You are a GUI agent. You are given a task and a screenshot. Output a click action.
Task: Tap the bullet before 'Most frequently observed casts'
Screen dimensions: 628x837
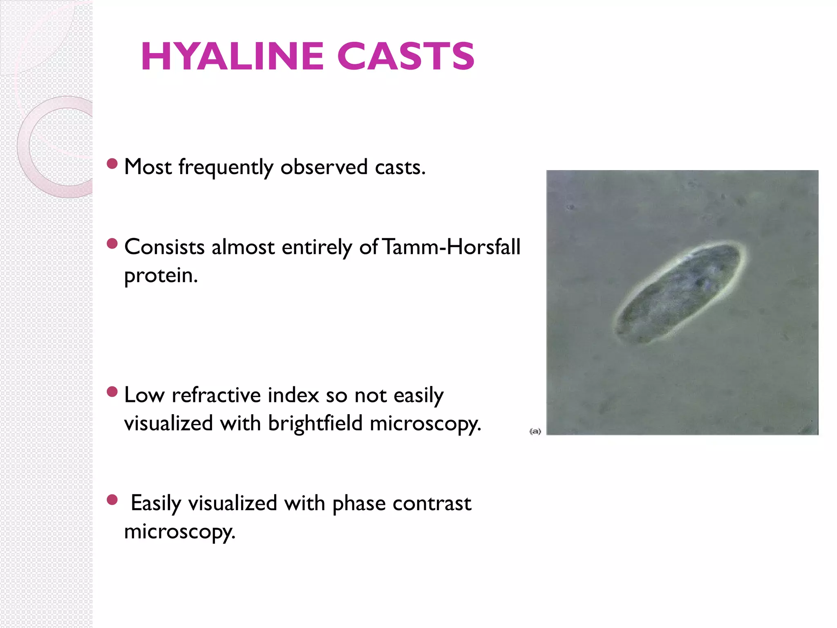(x=112, y=164)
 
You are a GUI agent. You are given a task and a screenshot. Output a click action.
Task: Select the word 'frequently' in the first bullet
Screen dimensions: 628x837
(x=226, y=168)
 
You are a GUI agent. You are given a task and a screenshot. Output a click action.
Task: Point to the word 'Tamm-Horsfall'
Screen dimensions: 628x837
(x=452, y=247)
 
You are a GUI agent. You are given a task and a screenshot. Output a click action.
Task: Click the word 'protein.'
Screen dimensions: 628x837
(x=161, y=276)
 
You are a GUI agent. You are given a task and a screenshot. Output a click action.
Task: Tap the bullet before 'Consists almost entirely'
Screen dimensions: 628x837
(x=112, y=244)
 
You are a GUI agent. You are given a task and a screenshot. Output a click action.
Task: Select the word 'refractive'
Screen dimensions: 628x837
(x=216, y=395)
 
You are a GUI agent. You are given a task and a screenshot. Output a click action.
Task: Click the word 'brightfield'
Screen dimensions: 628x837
(x=315, y=423)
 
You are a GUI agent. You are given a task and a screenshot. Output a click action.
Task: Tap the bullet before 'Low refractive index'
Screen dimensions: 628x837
(x=112, y=392)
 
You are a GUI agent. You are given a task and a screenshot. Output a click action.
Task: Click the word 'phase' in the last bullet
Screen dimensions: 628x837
(x=359, y=504)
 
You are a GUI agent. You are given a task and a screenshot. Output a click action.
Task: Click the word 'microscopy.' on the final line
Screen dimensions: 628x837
(x=180, y=532)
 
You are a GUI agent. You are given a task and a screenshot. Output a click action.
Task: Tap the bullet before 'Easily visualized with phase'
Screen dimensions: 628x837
(x=112, y=500)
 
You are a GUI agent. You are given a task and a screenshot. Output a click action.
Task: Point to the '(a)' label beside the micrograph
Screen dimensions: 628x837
(x=535, y=431)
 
